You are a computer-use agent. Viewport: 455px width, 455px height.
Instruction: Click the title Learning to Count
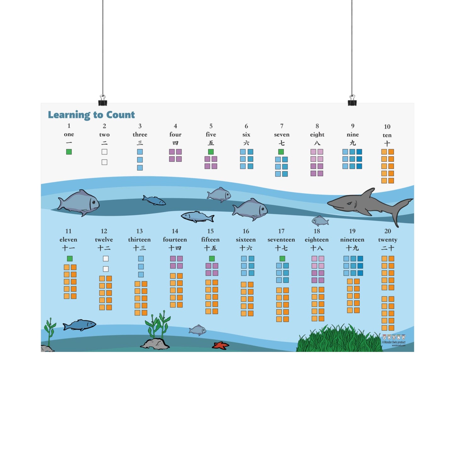pos(91,115)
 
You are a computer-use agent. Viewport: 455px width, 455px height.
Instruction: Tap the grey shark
pos(365,203)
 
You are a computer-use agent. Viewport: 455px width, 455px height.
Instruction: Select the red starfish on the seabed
pos(220,345)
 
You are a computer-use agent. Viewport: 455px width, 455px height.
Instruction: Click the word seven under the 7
pos(282,135)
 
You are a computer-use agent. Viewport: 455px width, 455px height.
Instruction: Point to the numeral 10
pos(387,127)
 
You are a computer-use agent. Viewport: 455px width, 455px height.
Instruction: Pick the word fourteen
pos(175,240)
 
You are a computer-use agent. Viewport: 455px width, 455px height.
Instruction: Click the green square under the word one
pos(69,152)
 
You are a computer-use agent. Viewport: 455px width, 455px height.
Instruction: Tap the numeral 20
pos(388,231)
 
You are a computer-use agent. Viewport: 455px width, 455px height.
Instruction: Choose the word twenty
pos(388,240)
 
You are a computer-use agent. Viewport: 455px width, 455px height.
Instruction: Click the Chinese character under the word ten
pos(387,144)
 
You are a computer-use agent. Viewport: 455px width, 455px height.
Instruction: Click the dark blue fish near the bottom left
pos(80,325)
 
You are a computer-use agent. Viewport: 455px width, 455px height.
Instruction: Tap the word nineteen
pos(352,240)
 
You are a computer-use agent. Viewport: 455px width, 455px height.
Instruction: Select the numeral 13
pos(139,231)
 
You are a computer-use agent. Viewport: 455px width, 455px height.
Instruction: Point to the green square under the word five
pos(211,152)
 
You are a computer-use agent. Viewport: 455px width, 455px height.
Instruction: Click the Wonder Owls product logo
pos(394,340)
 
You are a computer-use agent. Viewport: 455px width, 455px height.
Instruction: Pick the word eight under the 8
pos(317,135)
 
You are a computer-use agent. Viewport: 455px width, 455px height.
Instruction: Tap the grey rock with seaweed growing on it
pos(155,344)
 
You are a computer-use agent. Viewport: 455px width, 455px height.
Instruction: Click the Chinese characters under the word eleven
pos(69,248)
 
